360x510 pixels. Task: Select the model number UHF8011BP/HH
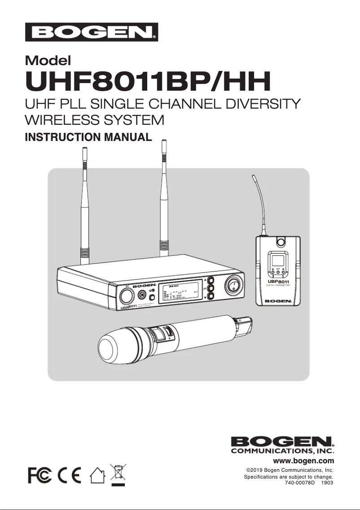click(x=149, y=81)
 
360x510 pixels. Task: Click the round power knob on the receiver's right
click(x=233, y=286)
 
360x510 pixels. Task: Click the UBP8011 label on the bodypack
click(x=278, y=281)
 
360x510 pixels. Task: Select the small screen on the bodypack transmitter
click(x=278, y=261)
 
